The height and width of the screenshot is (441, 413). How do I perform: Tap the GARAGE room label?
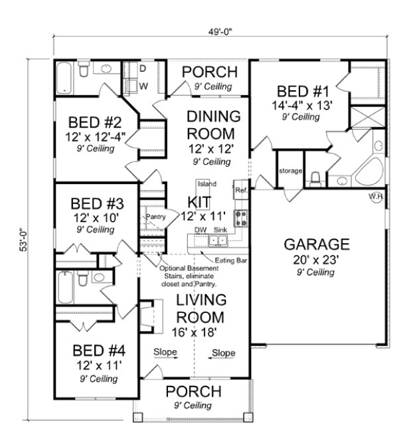click(317, 242)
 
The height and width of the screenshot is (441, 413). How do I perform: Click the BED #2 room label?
click(96, 123)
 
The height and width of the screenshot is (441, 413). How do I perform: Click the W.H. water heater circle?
click(376, 196)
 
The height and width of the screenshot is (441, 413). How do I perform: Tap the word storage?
click(291, 172)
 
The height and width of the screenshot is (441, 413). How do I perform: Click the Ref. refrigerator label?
click(241, 191)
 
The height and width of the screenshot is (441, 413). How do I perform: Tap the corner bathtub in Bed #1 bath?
click(367, 173)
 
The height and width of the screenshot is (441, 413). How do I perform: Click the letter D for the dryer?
click(142, 68)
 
